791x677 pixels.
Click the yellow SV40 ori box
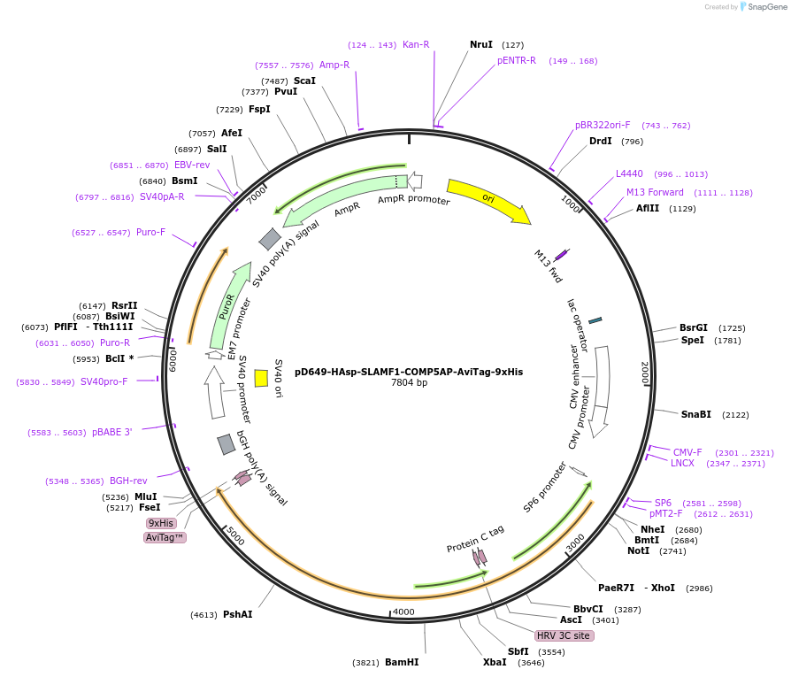point(261,378)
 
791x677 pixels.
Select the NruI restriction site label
point(481,44)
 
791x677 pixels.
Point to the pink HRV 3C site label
point(563,635)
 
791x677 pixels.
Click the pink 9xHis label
point(161,523)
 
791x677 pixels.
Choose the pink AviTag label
point(165,537)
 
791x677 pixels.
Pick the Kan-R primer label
point(416,44)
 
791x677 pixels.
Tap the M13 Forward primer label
point(655,192)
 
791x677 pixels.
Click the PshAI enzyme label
point(237,614)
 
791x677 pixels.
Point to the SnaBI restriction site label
point(695,414)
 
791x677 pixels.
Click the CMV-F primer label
point(687,452)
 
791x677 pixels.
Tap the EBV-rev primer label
point(192,165)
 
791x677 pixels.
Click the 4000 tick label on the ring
point(403,612)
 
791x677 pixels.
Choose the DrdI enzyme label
point(600,141)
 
